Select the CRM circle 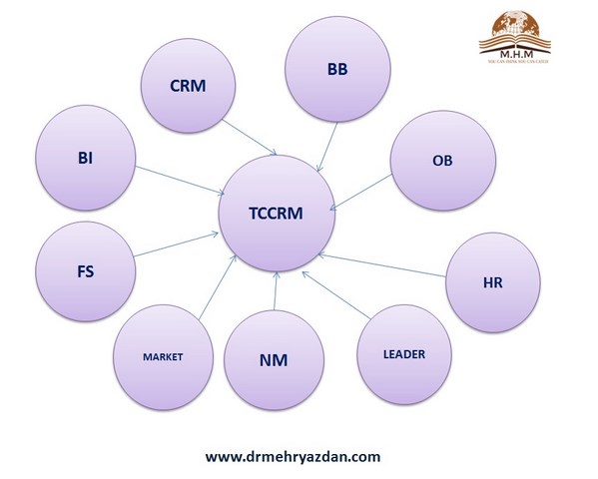[x=187, y=87]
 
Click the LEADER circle [x=403, y=354]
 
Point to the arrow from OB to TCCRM [x=361, y=194]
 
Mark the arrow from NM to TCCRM [x=275, y=293]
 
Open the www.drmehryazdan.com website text [x=294, y=456]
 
